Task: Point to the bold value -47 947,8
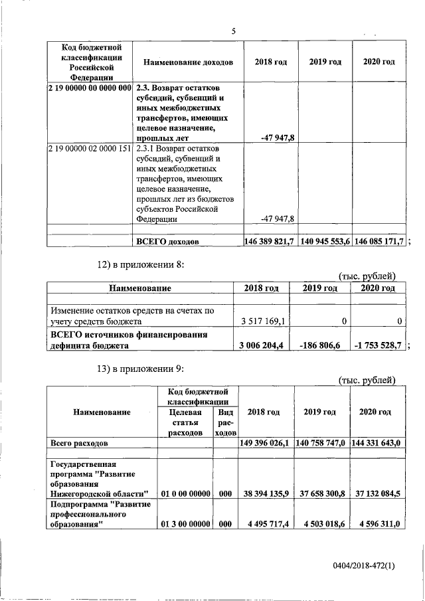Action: (279, 137)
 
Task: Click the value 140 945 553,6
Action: (325, 241)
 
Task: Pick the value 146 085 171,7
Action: (378, 241)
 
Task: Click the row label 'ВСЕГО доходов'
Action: (167, 242)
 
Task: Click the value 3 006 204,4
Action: (263, 345)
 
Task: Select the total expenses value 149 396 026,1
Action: (264, 442)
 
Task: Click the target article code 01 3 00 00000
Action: (185, 524)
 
